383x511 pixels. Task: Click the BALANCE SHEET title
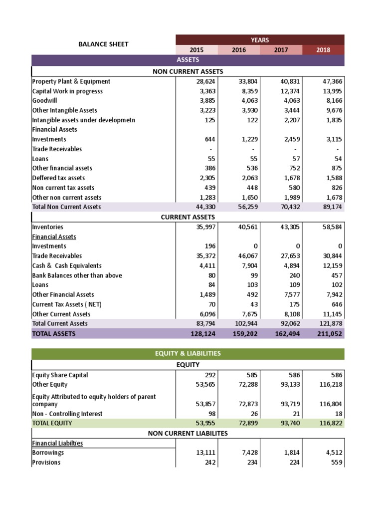point(103,44)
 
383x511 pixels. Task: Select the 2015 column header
point(196,50)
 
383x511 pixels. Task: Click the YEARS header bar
point(259,39)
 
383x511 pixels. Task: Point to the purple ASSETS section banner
point(188,60)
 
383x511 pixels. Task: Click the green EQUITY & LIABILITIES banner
point(188,354)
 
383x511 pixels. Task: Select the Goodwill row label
point(44,100)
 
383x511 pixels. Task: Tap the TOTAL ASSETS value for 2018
point(330,334)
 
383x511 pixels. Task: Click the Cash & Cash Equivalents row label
point(67,266)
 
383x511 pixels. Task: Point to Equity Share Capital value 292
point(209,375)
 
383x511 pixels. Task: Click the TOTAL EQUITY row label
point(52,423)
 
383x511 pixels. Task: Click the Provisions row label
point(46,463)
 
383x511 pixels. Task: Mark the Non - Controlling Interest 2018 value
point(338,414)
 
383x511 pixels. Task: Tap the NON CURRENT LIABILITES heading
point(188,434)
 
